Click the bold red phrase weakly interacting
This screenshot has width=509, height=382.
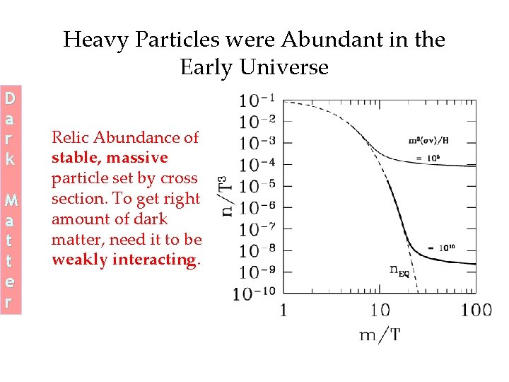(125, 260)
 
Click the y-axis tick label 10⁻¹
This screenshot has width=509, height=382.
(257, 100)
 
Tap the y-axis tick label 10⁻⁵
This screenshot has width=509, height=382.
(257, 187)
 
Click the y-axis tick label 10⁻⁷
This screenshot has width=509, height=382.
(257, 230)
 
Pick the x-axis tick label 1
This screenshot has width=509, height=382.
(283, 310)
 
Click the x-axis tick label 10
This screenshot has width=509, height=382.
(380, 310)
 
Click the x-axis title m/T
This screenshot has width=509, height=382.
(380, 334)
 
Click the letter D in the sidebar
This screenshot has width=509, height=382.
(10, 96)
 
